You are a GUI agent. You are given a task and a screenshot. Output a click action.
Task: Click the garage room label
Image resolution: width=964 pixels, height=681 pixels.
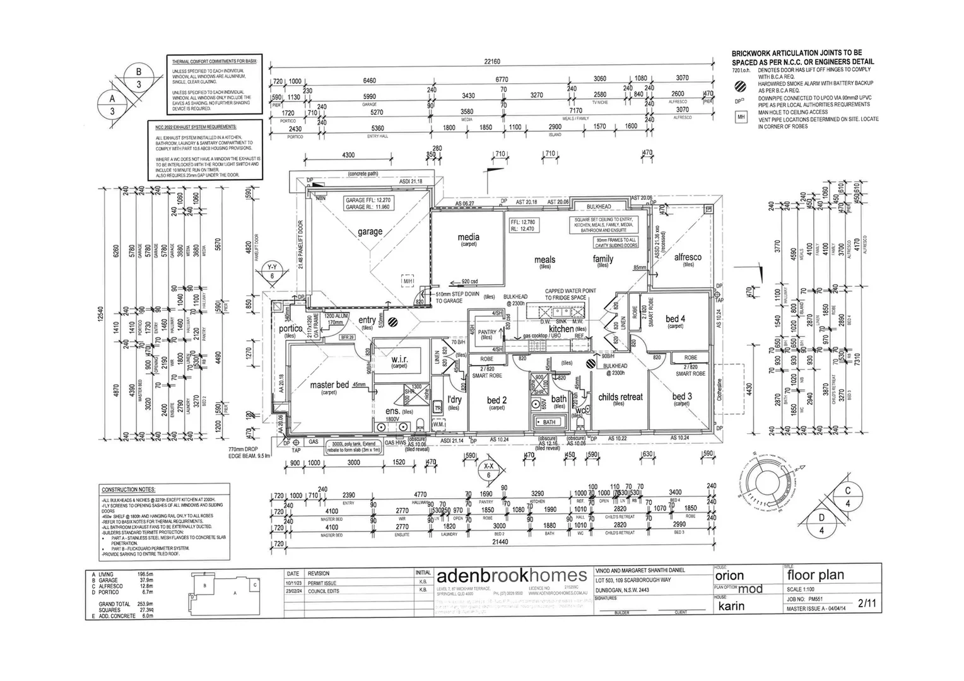point(370,231)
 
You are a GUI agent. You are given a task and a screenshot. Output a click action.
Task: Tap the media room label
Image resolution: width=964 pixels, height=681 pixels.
point(468,237)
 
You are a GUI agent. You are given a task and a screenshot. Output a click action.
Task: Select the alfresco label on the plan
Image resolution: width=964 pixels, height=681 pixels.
point(688,257)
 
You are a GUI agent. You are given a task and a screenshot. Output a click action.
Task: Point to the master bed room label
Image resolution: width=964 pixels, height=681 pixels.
point(329,385)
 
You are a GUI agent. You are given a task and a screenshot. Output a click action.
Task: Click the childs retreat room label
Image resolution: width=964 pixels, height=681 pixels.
point(620,397)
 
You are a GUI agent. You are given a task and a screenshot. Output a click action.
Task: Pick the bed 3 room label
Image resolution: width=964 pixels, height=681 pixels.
point(682,397)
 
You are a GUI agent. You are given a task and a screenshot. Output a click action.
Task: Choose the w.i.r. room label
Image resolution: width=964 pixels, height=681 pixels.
point(399,359)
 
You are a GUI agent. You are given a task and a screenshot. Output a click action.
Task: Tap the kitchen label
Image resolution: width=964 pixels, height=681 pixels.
point(561,329)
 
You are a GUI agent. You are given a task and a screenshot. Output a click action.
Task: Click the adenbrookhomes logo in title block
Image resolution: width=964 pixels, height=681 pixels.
point(512,575)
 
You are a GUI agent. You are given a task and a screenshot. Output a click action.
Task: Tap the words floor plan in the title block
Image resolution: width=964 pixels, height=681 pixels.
point(815,575)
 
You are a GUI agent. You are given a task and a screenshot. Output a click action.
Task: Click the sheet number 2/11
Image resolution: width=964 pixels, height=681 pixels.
point(867,603)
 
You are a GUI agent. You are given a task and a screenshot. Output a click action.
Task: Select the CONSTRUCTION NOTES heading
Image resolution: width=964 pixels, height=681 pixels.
point(128,490)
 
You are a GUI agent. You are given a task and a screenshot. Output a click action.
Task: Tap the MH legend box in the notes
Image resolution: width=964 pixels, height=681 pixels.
point(741,117)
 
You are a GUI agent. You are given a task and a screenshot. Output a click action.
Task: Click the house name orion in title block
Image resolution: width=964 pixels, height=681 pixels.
point(729,576)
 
